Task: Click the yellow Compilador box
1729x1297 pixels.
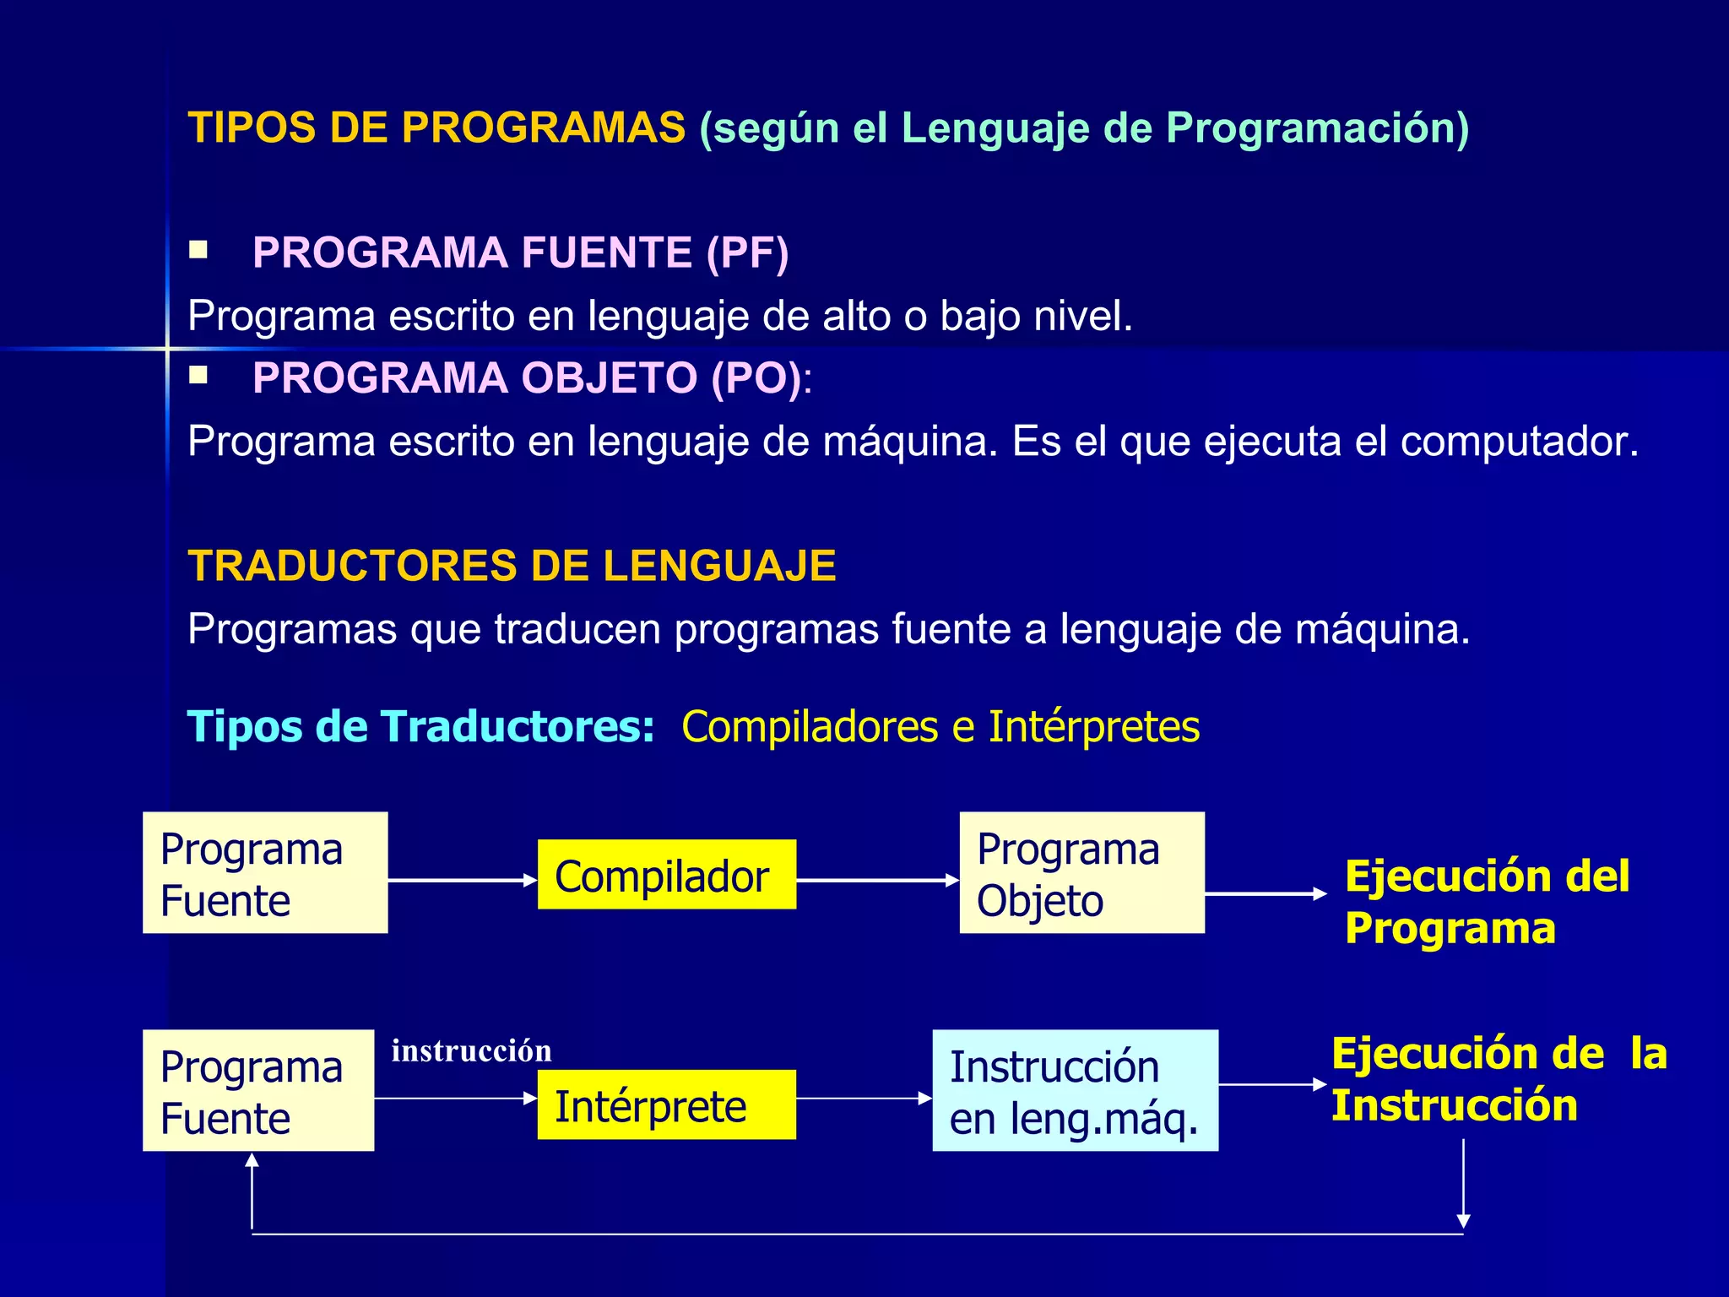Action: pyautogui.click(x=666, y=875)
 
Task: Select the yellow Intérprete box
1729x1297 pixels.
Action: pyautogui.click(x=666, y=1104)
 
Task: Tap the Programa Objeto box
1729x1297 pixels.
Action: pyautogui.click(x=1081, y=873)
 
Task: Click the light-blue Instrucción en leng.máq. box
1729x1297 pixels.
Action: pyautogui.click(x=1075, y=1090)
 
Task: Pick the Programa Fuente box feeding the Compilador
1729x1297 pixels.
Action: pyautogui.click(x=265, y=873)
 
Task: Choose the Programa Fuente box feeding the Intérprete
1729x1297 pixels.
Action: pyautogui.click(x=258, y=1090)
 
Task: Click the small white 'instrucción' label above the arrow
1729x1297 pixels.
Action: pyautogui.click(x=471, y=1050)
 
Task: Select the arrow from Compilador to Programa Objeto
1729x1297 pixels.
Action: pyautogui.click(x=877, y=880)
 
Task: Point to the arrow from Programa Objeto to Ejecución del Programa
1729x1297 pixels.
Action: pyautogui.click(x=1265, y=893)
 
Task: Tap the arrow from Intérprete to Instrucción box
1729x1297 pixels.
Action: pyautogui.click(x=864, y=1099)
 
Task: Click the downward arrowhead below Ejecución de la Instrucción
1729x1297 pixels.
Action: pyautogui.click(x=1463, y=1220)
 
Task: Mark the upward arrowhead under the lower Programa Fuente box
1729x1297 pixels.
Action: pyautogui.click(x=252, y=1161)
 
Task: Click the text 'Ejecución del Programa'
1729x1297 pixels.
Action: pyautogui.click(x=1486, y=902)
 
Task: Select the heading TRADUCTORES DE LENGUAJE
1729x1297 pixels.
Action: pyautogui.click(x=512, y=566)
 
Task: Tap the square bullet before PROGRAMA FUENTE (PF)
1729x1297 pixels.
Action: pyautogui.click(x=198, y=250)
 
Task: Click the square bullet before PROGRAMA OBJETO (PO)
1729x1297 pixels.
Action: pyautogui.click(x=198, y=375)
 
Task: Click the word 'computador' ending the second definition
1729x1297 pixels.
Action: pyautogui.click(x=1518, y=441)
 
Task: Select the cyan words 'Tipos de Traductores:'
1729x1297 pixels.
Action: pyautogui.click(x=420, y=727)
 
